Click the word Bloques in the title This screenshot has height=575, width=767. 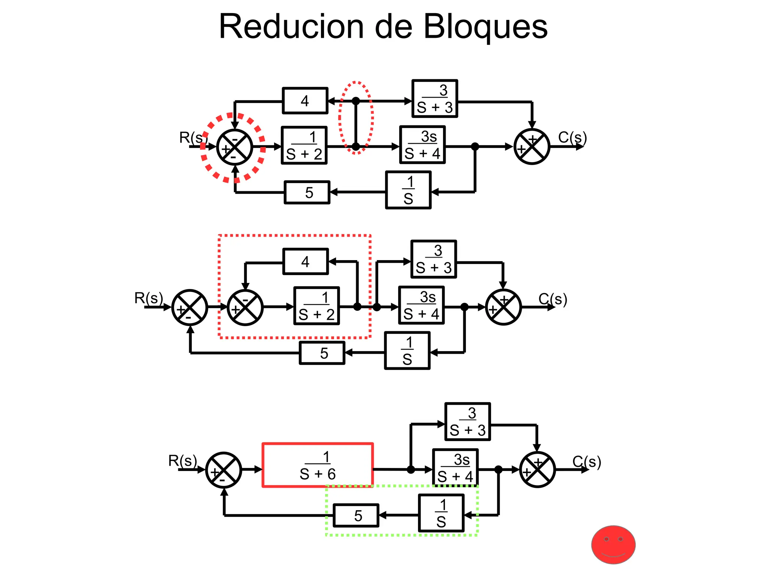[x=486, y=27]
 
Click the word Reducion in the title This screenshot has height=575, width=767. [x=291, y=27]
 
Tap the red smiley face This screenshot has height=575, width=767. [x=613, y=545]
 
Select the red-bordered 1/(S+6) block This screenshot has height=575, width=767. [x=318, y=465]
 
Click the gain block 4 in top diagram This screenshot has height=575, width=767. [x=305, y=101]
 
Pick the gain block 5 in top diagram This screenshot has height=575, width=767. [x=307, y=192]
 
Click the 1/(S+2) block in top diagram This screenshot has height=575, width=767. [x=304, y=146]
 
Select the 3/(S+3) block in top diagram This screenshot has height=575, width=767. [x=434, y=99]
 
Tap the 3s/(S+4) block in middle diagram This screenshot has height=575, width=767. [x=421, y=305]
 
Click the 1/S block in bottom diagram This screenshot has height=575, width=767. [x=441, y=513]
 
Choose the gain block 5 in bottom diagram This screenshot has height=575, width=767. [x=356, y=515]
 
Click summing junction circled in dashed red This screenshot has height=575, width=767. [x=234, y=147]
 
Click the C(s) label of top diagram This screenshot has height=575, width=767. [x=572, y=137]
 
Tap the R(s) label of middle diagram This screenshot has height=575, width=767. [x=149, y=298]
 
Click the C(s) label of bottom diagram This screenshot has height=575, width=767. [x=586, y=462]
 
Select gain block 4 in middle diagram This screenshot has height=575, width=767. [x=306, y=262]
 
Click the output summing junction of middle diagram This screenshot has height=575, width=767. [x=503, y=307]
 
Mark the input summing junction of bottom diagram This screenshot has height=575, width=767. [x=224, y=470]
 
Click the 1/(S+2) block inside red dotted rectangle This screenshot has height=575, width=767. [x=317, y=306]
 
